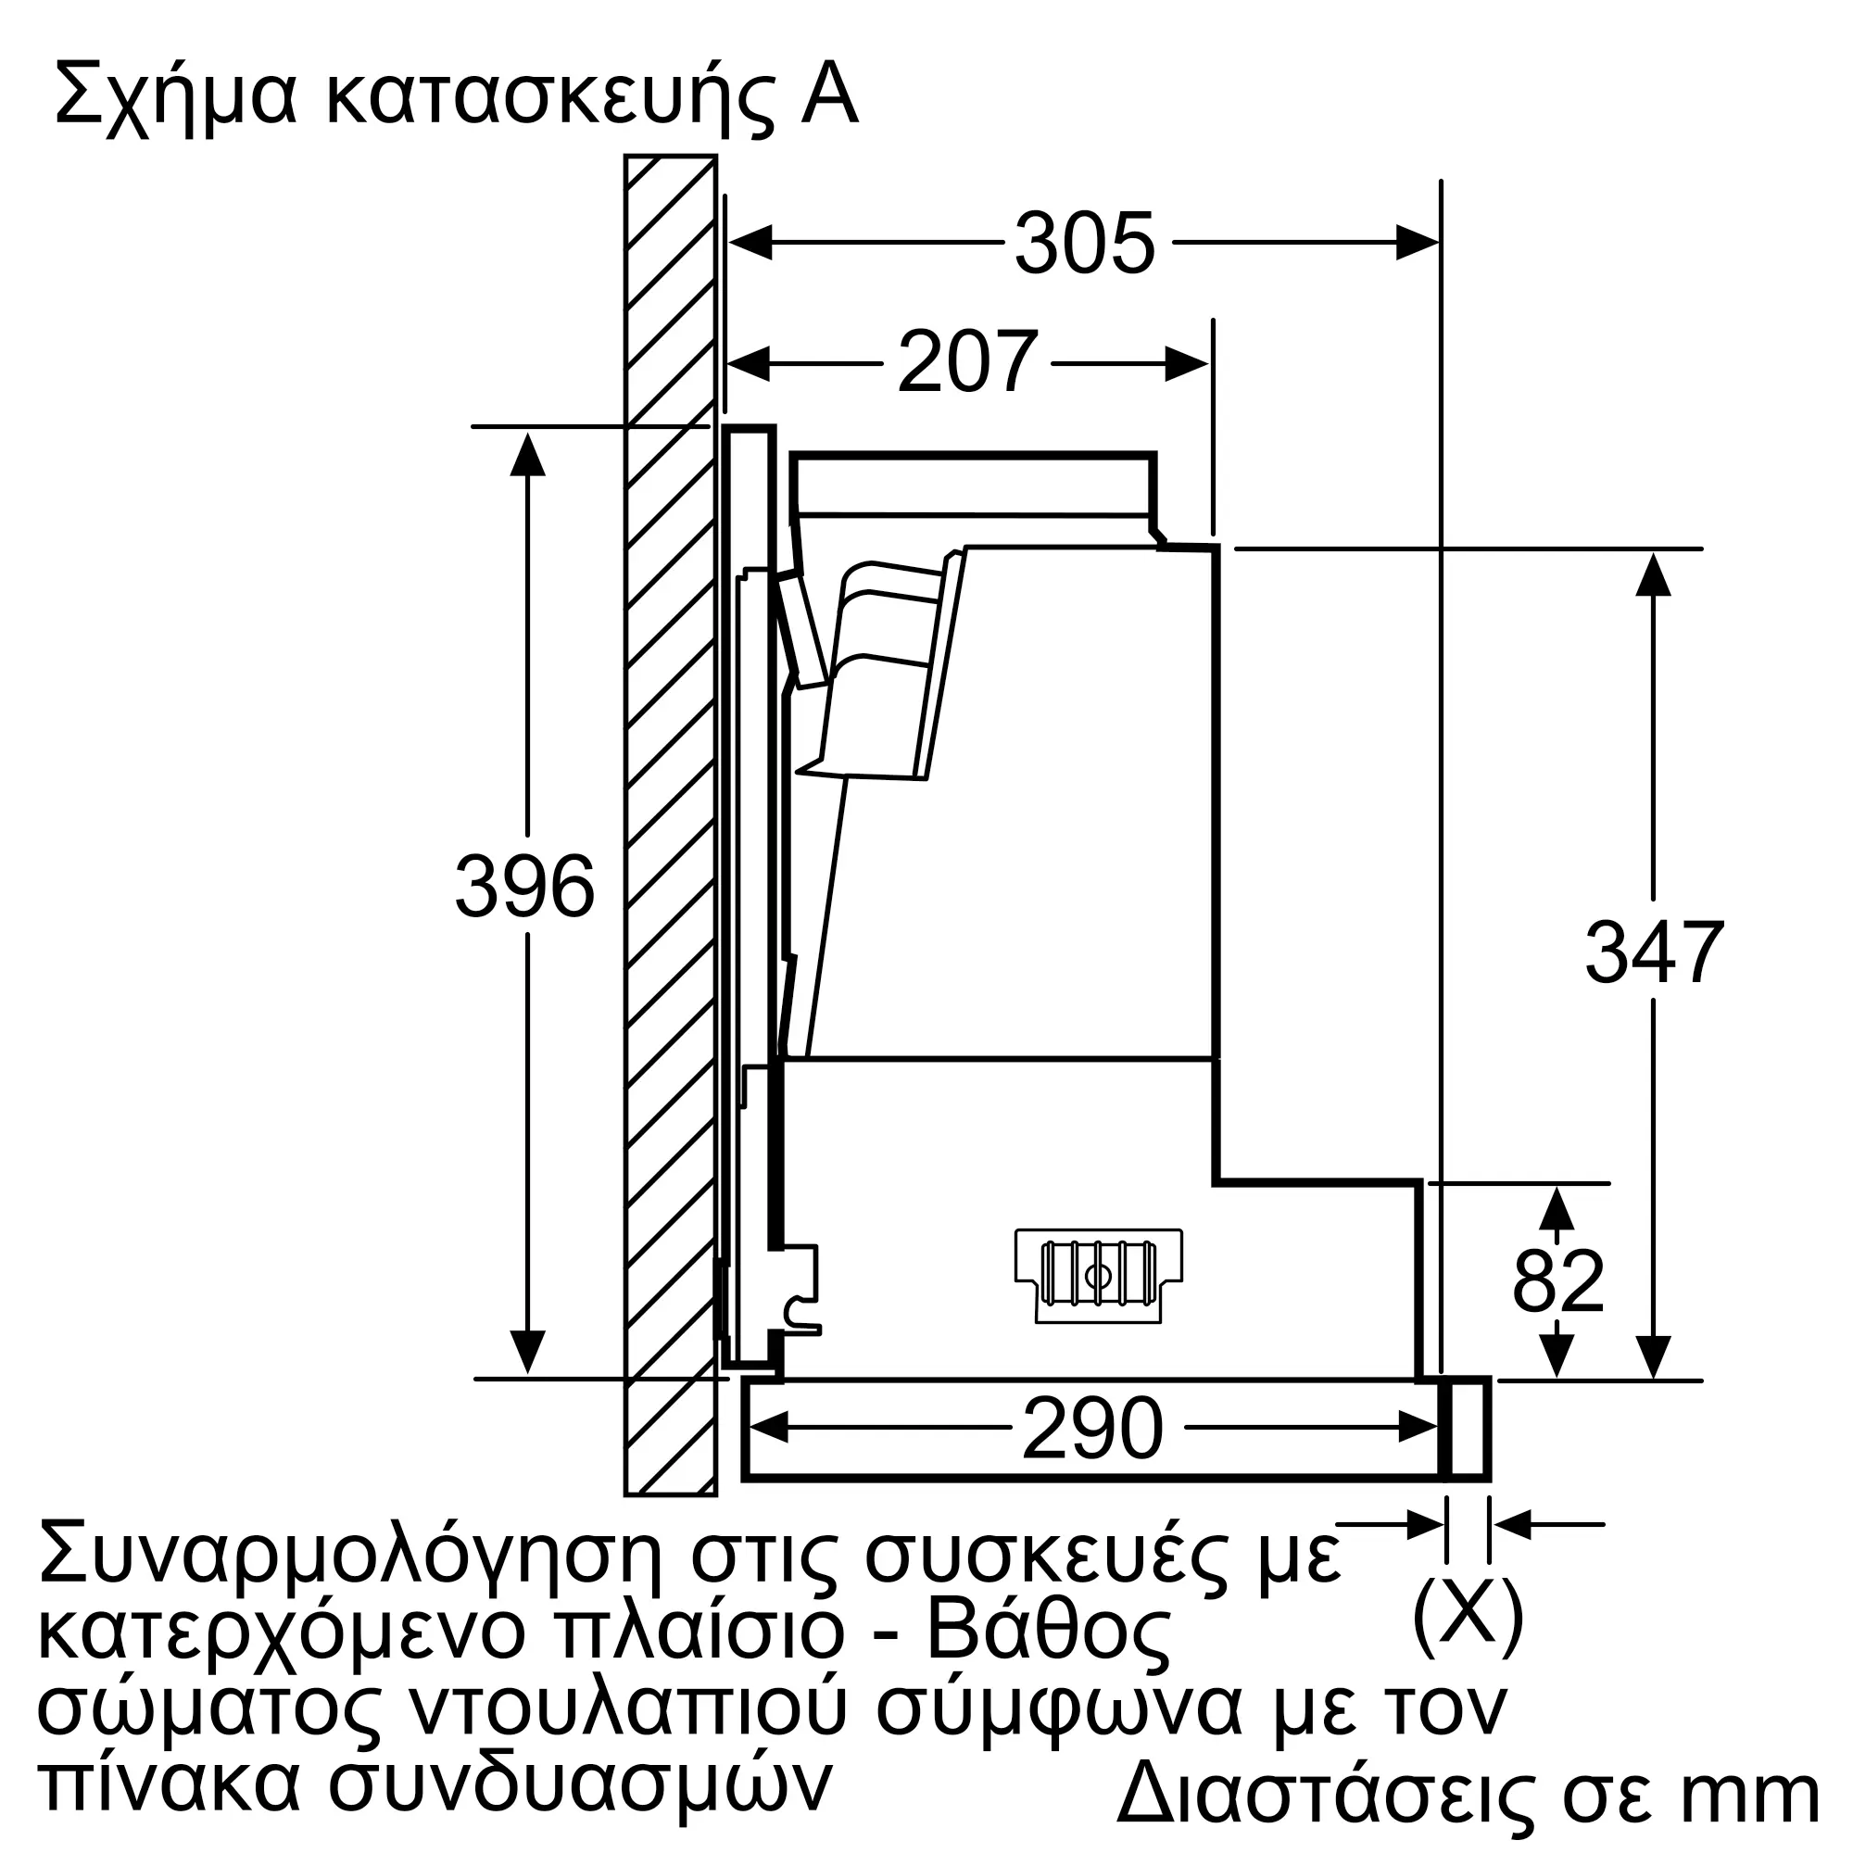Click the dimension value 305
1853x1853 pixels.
click(x=1084, y=245)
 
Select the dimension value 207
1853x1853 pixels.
click(x=966, y=362)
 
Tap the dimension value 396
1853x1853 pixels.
click(x=524, y=888)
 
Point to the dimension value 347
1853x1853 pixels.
click(x=1654, y=952)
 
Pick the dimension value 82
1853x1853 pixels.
click(x=1557, y=1281)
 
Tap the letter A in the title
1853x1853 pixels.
click(x=829, y=96)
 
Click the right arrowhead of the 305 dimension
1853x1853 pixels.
click(x=1418, y=244)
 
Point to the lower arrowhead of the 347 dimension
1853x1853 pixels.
click(x=1654, y=1356)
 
